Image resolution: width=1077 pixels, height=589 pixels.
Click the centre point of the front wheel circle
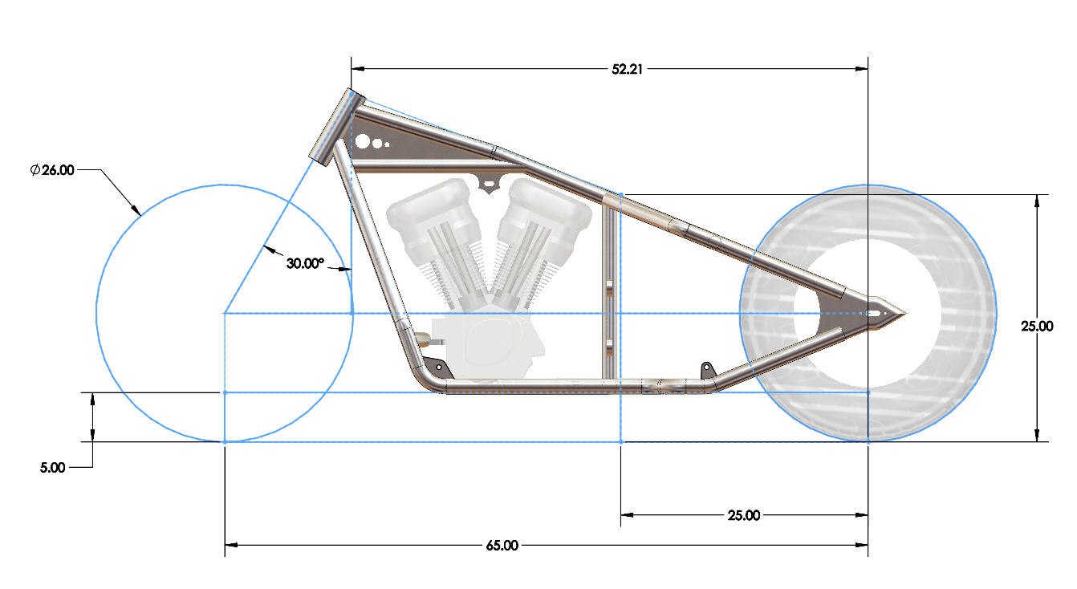(225, 314)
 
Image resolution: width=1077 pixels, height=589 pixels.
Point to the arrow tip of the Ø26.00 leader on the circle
(141, 215)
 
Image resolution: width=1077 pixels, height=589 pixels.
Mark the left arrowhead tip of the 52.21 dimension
(352, 69)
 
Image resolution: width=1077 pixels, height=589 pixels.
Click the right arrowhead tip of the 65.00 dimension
(868, 545)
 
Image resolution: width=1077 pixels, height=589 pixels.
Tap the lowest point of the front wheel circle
(225, 441)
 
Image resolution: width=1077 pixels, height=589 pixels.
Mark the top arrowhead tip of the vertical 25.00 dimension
(1037, 195)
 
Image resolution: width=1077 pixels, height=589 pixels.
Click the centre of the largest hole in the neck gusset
(363, 142)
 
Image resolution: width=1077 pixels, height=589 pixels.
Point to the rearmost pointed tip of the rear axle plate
(906, 314)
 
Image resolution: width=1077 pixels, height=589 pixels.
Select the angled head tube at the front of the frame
(336, 127)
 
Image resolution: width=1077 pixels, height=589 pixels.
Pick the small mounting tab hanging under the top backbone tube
(488, 184)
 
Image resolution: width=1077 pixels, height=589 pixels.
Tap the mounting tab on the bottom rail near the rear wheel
(708, 370)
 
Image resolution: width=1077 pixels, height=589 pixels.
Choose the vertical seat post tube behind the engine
(609, 291)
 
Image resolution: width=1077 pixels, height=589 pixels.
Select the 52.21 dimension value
(627, 69)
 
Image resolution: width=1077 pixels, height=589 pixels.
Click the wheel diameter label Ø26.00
(52, 170)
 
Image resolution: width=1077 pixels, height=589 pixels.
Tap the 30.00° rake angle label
(305, 263)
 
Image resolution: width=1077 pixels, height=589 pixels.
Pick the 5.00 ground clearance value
(52, 467)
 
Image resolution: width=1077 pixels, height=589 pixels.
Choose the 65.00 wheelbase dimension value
(502, 546)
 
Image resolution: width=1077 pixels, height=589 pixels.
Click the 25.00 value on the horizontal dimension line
(744, 515)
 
